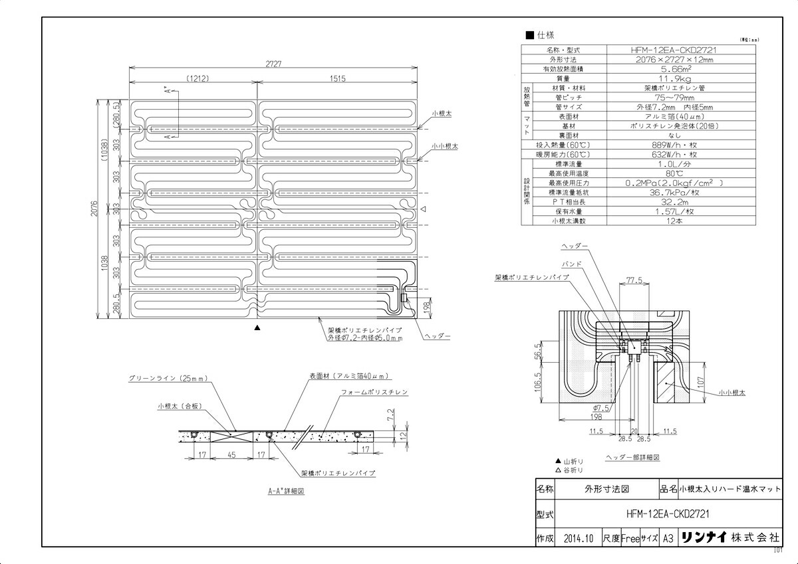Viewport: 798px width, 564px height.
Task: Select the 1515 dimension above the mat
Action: pos(337,78)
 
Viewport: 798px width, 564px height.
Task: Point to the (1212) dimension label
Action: pos(198,78)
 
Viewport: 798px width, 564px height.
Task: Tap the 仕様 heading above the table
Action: pos(545,35)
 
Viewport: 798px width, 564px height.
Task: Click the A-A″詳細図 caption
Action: pos(286,492)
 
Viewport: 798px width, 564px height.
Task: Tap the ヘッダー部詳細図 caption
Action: pos(632,458)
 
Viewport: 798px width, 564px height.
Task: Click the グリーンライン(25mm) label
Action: pos(168,379)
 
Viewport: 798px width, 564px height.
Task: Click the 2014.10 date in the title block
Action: pos(577,539)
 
